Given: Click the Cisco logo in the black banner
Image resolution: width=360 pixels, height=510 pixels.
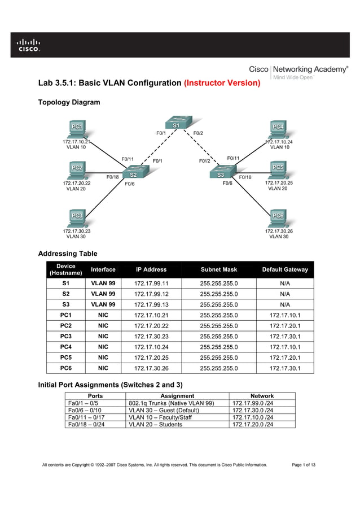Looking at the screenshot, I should (28, 45).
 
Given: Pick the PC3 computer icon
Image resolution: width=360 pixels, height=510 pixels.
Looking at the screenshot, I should (76, 217).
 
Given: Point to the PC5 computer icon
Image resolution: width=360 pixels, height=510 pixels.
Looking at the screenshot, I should (277, 169).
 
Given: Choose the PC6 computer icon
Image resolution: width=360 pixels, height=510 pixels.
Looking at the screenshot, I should (277, 217).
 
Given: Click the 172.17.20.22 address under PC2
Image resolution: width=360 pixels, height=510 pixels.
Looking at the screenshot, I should (76, 183).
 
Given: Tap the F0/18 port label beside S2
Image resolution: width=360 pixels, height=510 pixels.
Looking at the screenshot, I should (113, 177).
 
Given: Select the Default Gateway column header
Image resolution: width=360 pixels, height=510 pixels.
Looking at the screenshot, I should (285, 269).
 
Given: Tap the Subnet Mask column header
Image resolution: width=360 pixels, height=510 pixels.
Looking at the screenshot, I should (219, 269).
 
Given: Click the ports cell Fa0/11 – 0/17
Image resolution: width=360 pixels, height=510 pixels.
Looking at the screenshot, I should (84, 417).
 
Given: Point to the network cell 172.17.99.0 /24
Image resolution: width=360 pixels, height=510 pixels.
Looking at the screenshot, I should (253, 403).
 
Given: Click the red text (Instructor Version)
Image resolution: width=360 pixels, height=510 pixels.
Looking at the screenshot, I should (222, 83).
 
